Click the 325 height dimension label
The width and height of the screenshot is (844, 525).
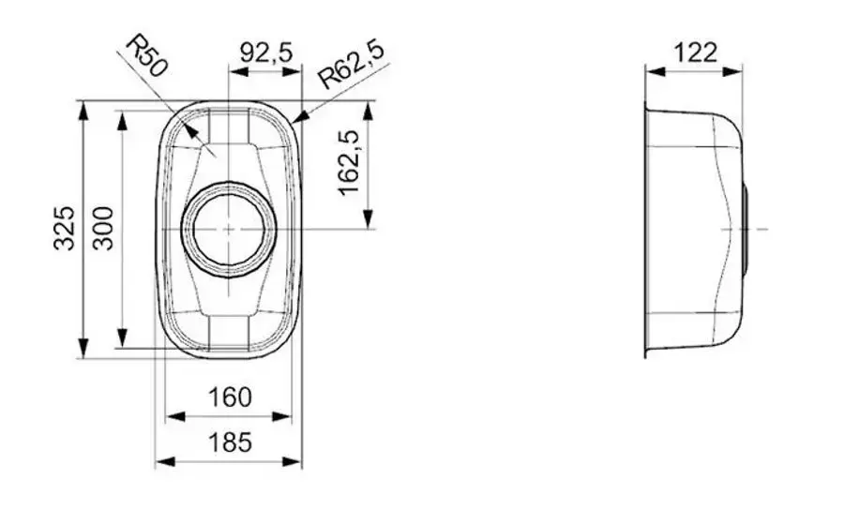coord(64,228)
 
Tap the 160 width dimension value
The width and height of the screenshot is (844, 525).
coord(230,397)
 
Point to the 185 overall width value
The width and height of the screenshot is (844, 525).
coord(230,442)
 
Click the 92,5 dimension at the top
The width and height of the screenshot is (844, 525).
coord(266,52)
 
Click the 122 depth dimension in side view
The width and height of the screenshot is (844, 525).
coord(695,52)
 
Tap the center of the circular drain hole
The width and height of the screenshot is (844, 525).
coord(229,229)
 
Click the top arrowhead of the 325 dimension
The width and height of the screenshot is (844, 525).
coord(83,107)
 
